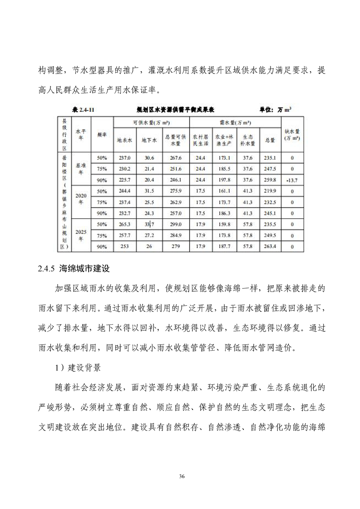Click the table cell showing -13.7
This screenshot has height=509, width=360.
292,180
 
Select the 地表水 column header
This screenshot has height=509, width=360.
124,141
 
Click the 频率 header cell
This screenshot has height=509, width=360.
102,135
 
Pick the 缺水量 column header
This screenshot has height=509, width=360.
292,135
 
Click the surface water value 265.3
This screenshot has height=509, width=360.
124,225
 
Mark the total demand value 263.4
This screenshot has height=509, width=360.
271,247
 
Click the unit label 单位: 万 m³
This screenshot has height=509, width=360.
276,109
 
